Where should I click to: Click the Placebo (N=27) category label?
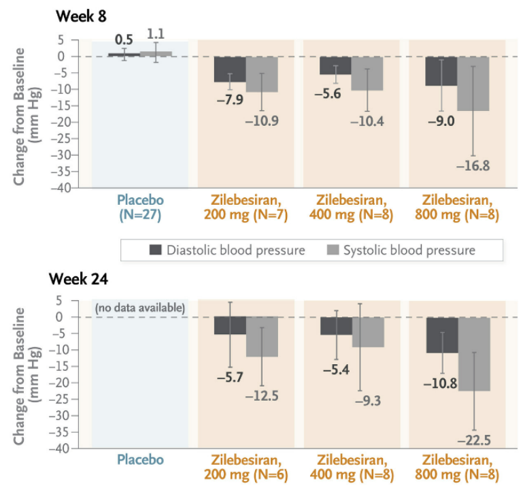[140, 208]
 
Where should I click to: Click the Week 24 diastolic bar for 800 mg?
[441, 335]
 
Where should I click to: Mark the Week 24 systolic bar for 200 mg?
[262, 337]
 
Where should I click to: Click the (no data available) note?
[140, 308]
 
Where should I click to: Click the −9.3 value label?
[368, 401]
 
